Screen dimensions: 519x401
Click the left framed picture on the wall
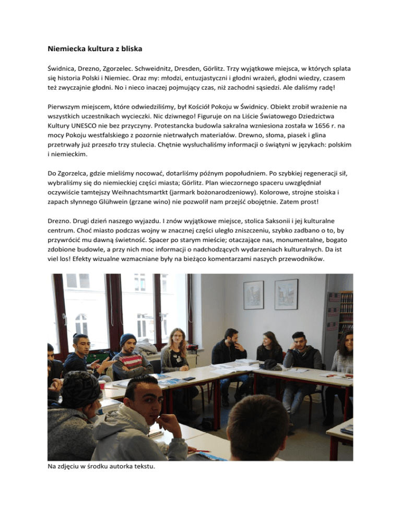[x=254, y=295]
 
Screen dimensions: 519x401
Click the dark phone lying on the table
[x=189, y=378]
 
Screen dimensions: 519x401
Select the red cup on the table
[x=102, y=385]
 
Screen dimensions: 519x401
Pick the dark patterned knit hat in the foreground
[x=79, y=389]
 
